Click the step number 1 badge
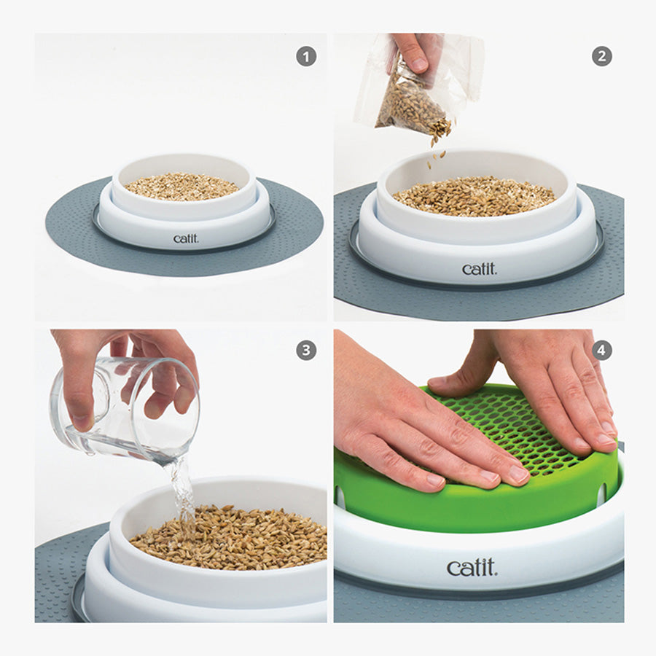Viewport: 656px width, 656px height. [x=306, y=56]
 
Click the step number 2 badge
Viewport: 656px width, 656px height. [x=602, y=56]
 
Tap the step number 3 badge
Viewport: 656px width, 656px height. [x=306, y=350]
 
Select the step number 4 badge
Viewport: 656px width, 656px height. [x=601, y=350]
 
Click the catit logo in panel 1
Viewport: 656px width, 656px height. [x=186, y=238]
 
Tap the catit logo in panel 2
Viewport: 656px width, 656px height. [x=480, y=269]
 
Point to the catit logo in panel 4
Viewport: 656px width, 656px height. [x=472, y=568]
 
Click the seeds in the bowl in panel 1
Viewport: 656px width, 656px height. [x=181, y=186]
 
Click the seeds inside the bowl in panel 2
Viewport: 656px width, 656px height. [x=474, y=196]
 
